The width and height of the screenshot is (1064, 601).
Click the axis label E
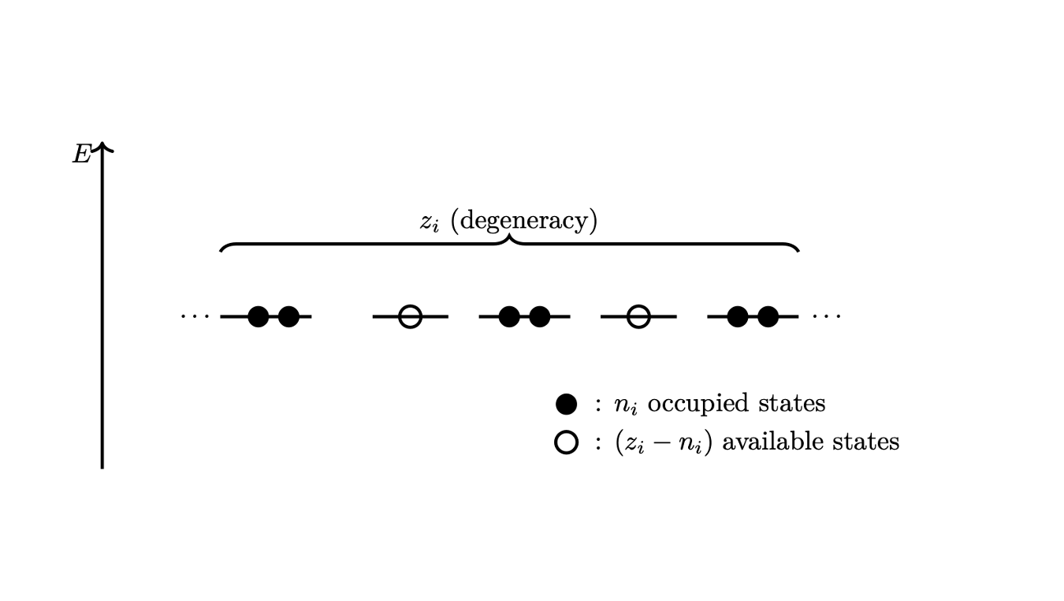coord(81,155)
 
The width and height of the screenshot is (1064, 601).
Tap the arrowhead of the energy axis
coord(102,147)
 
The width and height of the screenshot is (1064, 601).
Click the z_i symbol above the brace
coord(430,222)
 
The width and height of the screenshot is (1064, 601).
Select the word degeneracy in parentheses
coord(524,221)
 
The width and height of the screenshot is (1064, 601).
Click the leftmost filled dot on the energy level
coord(259,316)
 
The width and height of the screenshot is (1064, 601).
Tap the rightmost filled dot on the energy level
coord(768,316)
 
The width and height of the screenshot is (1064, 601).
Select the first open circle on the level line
coord(410,316)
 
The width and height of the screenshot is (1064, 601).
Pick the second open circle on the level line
coord(638,316)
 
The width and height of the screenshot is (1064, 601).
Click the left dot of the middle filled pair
coord(509,316)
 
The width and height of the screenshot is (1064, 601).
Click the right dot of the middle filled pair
coord(539,316)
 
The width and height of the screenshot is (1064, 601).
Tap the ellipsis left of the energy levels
coord(195,316)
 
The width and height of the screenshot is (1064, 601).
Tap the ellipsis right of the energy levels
coord(827,316)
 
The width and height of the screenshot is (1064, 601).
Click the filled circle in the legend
coord(567,405)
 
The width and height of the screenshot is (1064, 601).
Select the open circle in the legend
coord(567,442)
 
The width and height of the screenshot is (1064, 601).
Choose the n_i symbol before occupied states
coord(627,405)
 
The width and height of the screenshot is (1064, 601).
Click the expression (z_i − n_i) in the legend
coord(664,442)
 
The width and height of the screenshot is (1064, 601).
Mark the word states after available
coord(869,442)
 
